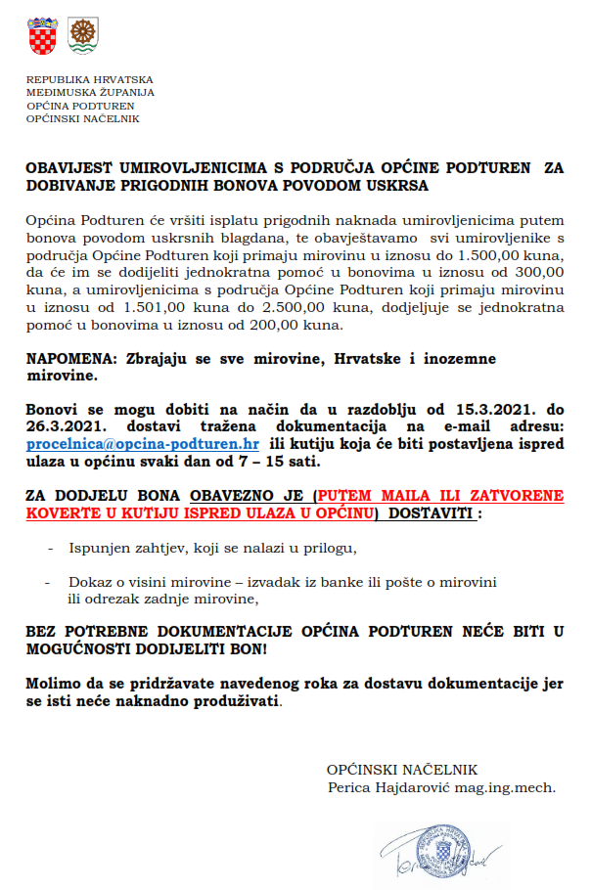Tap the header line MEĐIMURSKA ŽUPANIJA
(x=90, y=92)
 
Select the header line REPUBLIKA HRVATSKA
(x=90, y=79)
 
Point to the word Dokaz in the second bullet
(x=89, y=582)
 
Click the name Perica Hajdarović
(x=387, y=786)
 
